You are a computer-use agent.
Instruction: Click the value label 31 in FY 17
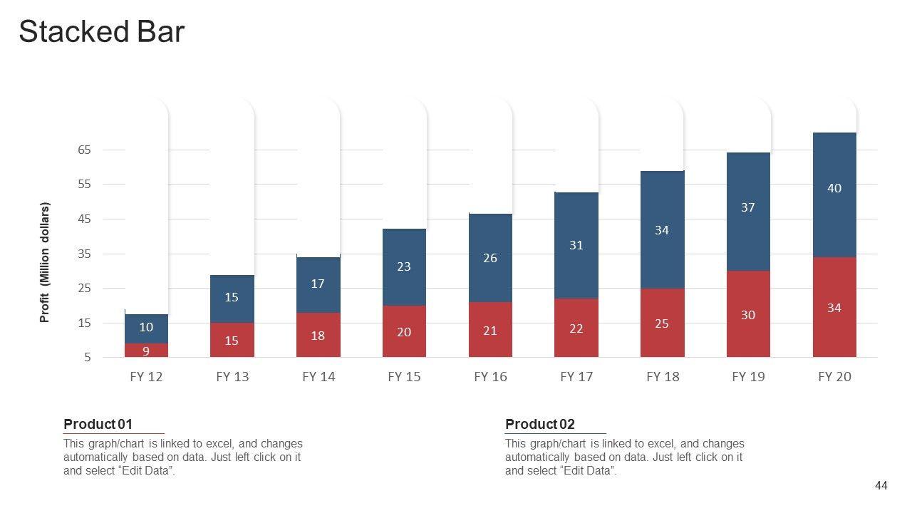pyautogui.click(x=576, y=245)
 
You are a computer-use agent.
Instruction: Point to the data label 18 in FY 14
pyautogui.click(x=318, y=336)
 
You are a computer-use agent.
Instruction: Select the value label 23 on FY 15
pyautogui.click(x=404, y=266)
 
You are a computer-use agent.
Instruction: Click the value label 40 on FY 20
pyautogui.click(x=834, y=188)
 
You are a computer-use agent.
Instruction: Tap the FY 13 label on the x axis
pyautogui.click(x=232, y=377)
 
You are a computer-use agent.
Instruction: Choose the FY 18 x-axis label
pyautogui.click(x=663, y=377)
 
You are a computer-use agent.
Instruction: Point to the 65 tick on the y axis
pyautogui.click(x=85, y=150)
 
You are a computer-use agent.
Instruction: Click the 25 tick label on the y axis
pyautogui.click(x=85, y=289)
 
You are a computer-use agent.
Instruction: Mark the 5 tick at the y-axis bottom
pyautogui.click(x=88, y=358)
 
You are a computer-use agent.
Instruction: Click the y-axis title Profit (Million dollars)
pyautogui.click(x=45, y=262)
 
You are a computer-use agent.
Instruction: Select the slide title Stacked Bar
pyautogui.click(x=101, y=32)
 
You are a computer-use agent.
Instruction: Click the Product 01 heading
pyautogui.click(x=98, y=425)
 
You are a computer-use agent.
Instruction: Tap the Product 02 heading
pyautogui.click(x=540, y=425)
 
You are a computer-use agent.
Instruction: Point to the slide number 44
pyautogui.click(x=881, y=486)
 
